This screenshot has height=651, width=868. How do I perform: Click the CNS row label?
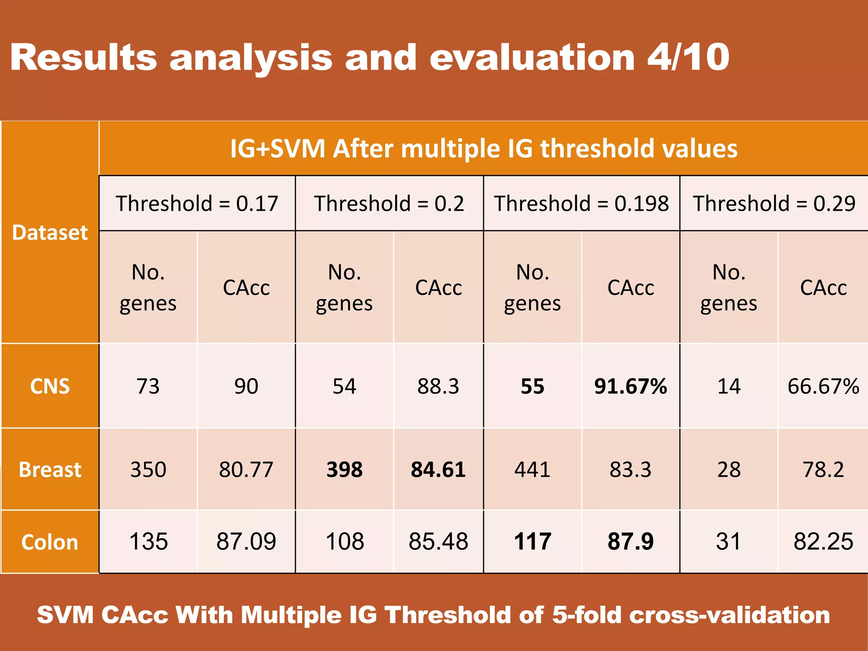click(50, 386)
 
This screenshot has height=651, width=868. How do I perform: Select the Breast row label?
click(50, 470)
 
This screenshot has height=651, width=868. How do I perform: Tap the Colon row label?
click(50, 542)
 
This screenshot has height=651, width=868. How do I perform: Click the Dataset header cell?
click(50, 232)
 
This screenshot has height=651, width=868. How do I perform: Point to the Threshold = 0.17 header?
click(197, 203)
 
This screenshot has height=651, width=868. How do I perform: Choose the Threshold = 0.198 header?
click(581, 203)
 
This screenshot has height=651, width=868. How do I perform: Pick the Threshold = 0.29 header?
click(774, 203)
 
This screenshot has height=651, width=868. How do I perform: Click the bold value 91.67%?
click(631, 386)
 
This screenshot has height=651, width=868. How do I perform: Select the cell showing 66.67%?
click(823, 386)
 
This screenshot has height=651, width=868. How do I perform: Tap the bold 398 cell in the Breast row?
click(344, 470)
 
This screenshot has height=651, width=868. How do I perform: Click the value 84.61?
click(438, 470)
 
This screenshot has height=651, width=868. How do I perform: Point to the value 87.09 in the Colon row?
click(246, 542)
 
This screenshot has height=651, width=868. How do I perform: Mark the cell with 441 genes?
click(532, 470)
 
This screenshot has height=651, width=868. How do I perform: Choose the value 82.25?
click(823, 542)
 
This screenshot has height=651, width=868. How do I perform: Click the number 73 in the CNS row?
click(148, 386)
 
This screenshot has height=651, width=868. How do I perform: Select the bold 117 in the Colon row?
click(532, 542)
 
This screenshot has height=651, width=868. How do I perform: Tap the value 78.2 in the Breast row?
click(823, 470)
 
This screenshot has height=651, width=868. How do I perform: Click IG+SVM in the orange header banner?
click(278, 149)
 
